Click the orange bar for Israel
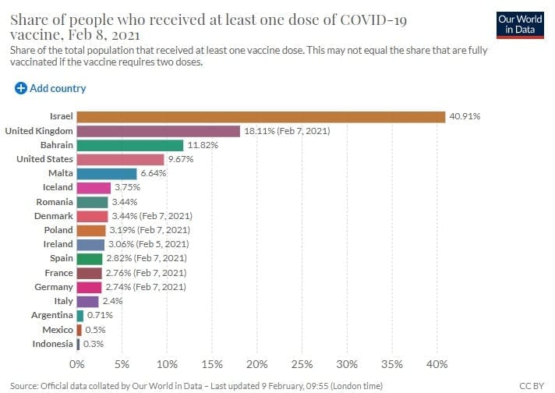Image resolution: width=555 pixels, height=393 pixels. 261,116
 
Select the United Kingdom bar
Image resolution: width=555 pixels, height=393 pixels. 158,131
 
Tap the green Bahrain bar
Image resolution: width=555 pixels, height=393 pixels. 130,145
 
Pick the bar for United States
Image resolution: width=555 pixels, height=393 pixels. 120,159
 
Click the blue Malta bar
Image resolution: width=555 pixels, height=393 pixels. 107,173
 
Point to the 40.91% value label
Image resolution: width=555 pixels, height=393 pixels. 465,116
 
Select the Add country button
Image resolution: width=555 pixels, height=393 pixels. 51,88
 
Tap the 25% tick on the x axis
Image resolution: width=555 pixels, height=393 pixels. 302,364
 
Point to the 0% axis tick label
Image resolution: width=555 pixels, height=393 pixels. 77,364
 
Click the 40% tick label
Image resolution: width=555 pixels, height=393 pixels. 437,364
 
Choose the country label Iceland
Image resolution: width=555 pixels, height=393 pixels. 58,187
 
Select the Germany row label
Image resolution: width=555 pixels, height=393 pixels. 55,287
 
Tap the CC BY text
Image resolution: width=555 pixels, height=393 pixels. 531,385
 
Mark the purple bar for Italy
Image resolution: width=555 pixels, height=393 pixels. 88,301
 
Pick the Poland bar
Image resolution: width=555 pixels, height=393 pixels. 91,230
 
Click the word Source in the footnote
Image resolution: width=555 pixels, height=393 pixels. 25,385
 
